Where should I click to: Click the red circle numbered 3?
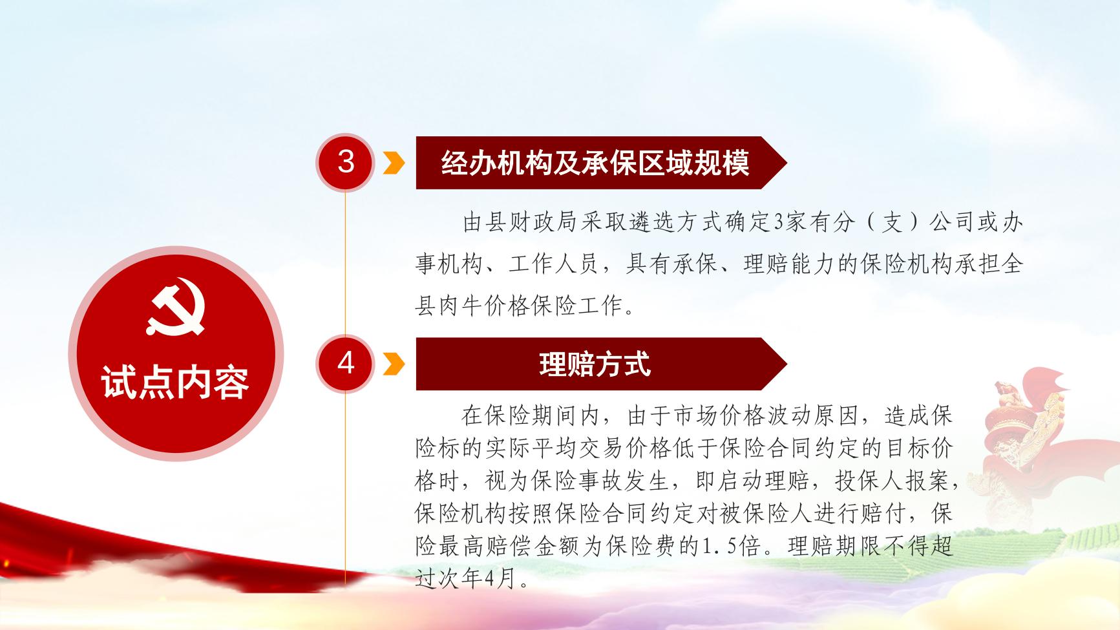pos(346,162)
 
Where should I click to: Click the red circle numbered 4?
pos(346,363)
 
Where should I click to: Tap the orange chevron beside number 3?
pos(394,163)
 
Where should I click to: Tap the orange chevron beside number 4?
pos(394,364)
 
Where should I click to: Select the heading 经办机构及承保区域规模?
pos(595,163)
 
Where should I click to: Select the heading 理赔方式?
pos(595,364)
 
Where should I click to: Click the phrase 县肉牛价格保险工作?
pos(520,306)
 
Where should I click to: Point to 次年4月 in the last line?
pos(476,579)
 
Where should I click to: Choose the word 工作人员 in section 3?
pos(555,264)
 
